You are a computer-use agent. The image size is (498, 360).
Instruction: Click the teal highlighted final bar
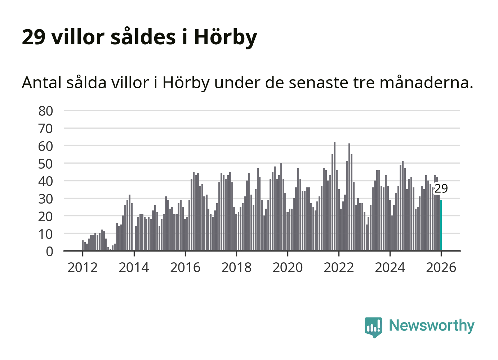coord(441,225)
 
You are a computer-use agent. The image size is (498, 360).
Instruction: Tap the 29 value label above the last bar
coord(441,188)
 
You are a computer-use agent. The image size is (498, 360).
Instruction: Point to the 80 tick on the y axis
coord(46,111)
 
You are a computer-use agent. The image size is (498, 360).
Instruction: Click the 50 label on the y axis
coord(46,164)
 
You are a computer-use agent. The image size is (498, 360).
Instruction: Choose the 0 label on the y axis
coord(49,252)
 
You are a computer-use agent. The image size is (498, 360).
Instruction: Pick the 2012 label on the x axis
coord(83,267)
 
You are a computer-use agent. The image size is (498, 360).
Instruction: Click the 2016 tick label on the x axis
coord(185,267)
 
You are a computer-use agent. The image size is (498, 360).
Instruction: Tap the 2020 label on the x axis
coord(288,267)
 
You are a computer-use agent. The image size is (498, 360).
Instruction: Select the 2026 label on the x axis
coord(441,267)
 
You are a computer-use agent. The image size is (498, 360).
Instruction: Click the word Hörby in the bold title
coord(226,37)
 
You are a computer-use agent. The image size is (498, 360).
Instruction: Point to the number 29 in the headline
coord(34,37)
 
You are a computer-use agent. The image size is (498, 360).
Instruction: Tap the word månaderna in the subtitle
coord(426,83)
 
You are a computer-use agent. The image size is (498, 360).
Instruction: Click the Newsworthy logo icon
coord(373,327)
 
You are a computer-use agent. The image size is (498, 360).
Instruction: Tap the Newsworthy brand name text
coord(432,325)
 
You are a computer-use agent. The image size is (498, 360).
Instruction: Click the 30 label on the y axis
coord(46,199)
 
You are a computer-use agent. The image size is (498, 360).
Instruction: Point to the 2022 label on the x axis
coord(339,267)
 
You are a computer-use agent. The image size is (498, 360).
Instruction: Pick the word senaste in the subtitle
coord(319,83)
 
